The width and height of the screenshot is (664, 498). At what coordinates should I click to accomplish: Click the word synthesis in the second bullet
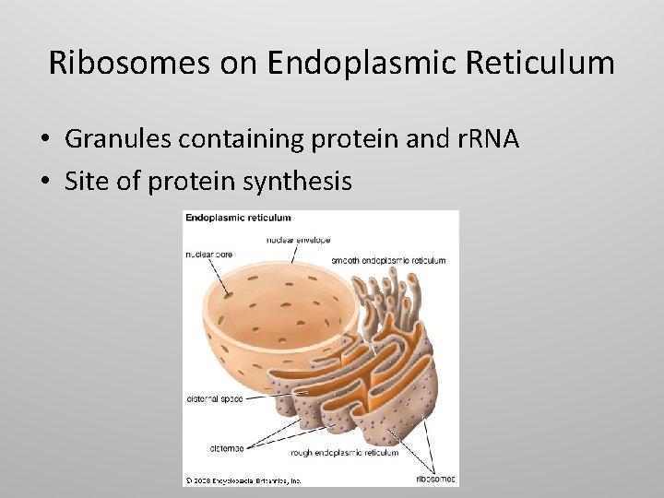[297, 182]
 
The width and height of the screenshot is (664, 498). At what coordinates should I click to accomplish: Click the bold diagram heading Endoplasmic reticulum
[238, 219]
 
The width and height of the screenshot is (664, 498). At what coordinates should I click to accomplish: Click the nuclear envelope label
[298, 240]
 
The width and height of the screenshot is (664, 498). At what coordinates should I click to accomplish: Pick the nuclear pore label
[208, 255]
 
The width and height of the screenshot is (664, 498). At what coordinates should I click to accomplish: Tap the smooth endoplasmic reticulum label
[388, 261]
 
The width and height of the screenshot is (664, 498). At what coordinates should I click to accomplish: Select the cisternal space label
[215, 399]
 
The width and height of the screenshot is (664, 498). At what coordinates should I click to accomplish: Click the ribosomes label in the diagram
[434, 480]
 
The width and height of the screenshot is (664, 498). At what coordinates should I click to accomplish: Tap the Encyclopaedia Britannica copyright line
[244, 480]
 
